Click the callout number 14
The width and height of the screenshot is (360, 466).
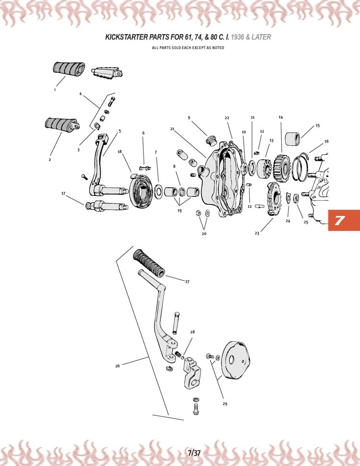tap(281, 117)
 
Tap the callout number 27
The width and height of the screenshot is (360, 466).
tap(187, 281)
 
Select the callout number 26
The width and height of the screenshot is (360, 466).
tap(118, 366)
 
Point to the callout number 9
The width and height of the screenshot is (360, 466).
tap(189, 118)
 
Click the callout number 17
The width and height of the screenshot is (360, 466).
tap(63, 193)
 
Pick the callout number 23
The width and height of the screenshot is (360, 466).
tap(257, 233)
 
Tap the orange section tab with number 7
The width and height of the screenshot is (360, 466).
tap(344, 220)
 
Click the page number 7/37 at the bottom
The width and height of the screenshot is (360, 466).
tap(194, 453)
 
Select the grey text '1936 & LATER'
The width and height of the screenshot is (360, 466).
tap(251, 37)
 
